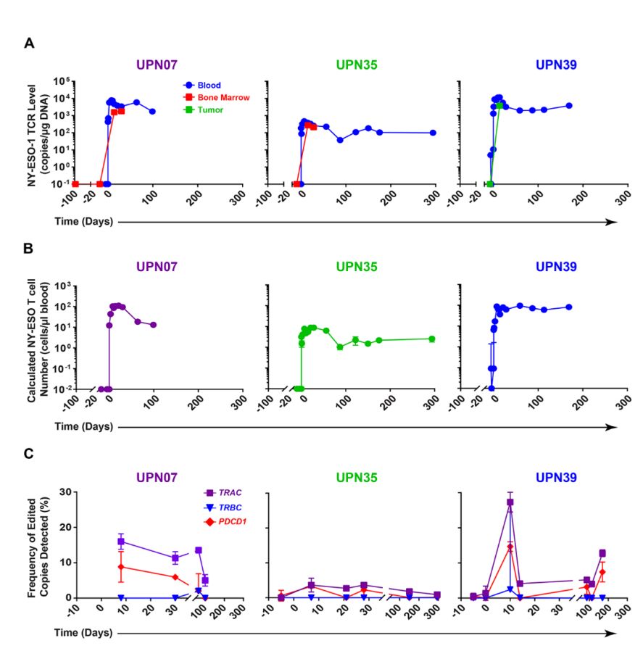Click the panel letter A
pos(29,43)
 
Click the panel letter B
pos(29,249)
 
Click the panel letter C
pos(29,454)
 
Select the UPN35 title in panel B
pos(355,267)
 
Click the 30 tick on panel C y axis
pos(66,492)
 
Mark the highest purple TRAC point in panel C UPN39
pos(510,502)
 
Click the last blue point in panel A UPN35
pos(433,133)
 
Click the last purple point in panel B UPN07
pos(153,325)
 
